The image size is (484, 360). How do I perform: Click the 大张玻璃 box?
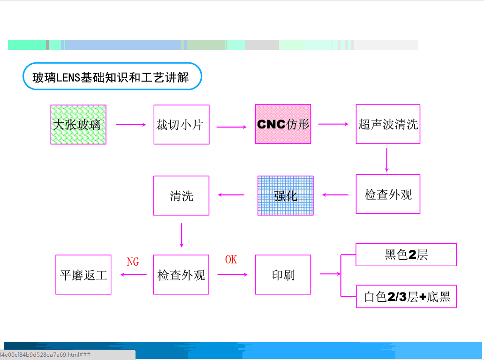[x=78, y=125]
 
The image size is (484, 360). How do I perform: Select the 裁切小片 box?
[x=181, y=125]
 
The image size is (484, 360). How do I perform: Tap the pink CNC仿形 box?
[x=283, y=124]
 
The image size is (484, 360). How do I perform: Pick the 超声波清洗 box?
[x=388, y=124]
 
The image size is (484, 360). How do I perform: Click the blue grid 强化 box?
[x=286, y=195]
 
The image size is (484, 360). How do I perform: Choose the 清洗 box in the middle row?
[x=181, y=195]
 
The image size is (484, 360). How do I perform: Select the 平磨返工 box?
[x=83, y=275]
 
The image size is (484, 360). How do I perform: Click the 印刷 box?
[x=283, y=275]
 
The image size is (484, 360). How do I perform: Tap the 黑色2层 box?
[x=406, y=255]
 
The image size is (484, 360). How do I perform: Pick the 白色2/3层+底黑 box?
[x=406, y=296]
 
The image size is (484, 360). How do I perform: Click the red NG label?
[x=133, y=262]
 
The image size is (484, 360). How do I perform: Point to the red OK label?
[x=231, y=260]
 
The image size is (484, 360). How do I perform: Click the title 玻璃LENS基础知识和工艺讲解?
[x=112, y=76]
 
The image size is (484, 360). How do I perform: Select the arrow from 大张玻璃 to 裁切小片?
[x=131, y=125]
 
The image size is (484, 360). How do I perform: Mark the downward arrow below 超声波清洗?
[x=387, y=160]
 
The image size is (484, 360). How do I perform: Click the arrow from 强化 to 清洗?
[x=230, y=195]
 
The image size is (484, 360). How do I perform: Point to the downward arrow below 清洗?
[x=181, y=235]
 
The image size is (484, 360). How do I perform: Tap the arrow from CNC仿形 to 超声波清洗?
[x=333, y=124]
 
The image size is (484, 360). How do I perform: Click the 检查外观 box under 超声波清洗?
[x=388, y=195]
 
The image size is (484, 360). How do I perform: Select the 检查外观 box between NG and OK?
[x=181, y=275]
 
